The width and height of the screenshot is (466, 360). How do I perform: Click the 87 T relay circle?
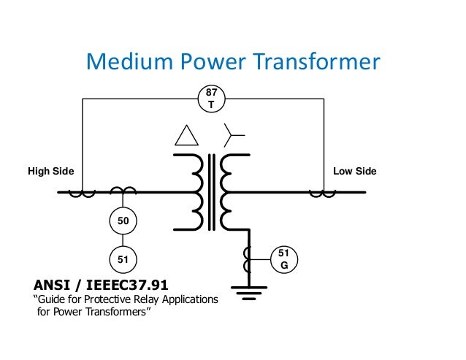[x=212, y=99]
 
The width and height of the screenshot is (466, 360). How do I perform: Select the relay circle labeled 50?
[x=123, y=220]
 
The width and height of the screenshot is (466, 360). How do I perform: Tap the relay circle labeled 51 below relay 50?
[x=123, y=258]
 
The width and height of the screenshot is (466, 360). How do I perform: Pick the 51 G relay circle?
[x=284, y=259]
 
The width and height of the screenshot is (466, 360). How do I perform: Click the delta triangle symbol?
[x=186, y=137]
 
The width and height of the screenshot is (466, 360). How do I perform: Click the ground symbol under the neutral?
[x=250, y=295]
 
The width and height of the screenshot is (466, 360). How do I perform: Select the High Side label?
[x=51, y=171]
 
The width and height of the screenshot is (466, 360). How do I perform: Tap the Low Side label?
[x=354, y=171]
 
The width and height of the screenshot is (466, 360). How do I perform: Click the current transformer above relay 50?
[x=123, y=191]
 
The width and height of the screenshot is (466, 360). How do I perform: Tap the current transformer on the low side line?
[x=322, y=194]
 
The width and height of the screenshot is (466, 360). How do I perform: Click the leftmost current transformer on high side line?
[x=82, y=194]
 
